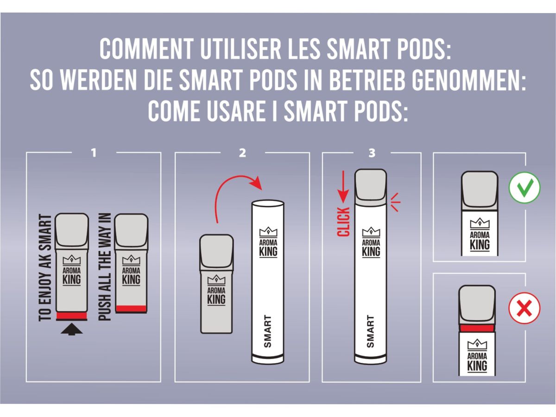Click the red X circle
(524, 308)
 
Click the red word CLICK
(344, 222)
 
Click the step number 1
(94, 152)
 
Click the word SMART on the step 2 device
(268, 332)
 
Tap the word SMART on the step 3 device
(371, 332)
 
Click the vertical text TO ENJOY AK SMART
(45, 267)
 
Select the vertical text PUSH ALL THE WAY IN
(105, 267)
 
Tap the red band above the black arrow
(72, 316)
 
